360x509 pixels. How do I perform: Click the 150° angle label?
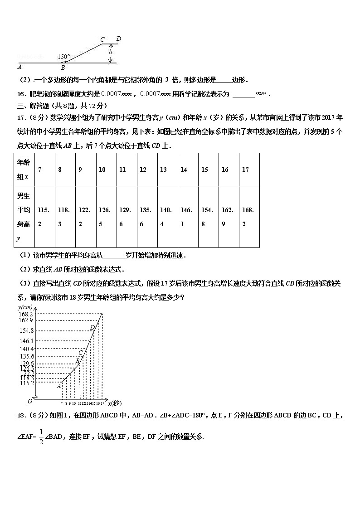coord(64,57)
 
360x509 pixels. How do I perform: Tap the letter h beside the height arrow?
coord(111,52)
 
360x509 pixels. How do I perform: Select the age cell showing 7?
coord(40,170)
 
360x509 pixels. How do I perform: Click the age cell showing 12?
coord(143,170)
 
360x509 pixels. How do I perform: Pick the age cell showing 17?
coord(245,170)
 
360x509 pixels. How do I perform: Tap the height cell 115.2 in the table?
coord(44,217)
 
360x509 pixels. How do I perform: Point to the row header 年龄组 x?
coord(23,170)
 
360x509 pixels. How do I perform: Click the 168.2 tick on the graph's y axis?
coord(26,314)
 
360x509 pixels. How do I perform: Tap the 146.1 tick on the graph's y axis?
coord(26,340)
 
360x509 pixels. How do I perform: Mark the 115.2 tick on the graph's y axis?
coord(26,383)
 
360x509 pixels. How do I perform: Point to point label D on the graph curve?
coord(92,327)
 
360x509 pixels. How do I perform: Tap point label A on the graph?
coord(59,386)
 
